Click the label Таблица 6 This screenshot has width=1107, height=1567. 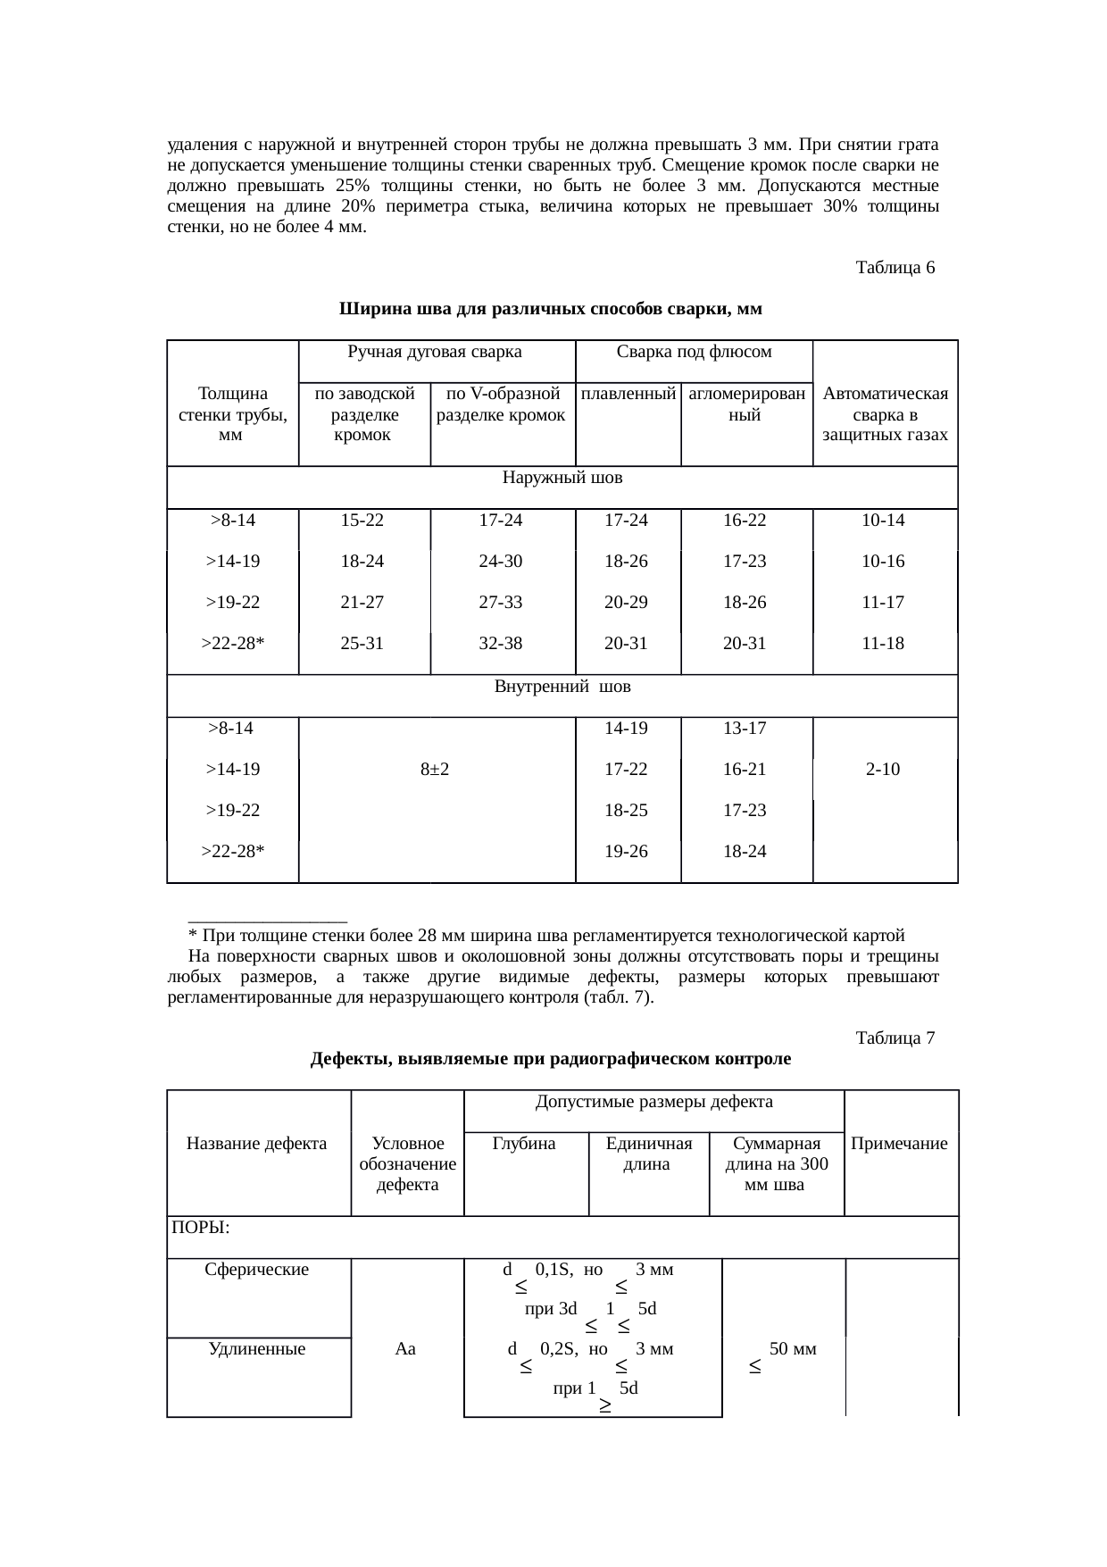coord(895,268)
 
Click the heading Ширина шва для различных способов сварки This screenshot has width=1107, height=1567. coord(550,310)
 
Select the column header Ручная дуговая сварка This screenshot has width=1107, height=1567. coord(434,352)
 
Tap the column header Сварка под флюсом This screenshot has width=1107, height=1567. coord(694,352)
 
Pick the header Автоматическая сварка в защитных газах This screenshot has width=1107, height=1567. coord(885,414)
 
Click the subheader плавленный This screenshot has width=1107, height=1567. coord(628,394)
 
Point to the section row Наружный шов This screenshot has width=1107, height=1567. coord(562,479)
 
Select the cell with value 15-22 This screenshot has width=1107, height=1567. coord(362,521)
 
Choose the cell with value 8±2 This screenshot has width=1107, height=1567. coord(434,770)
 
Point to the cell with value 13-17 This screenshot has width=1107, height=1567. coord(745,729)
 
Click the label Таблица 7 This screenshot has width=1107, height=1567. coord(895,1038)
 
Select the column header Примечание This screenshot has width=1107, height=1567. coord(899,1144)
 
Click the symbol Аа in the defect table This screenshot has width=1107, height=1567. coord(405,1349)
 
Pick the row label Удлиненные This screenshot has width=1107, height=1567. coord(257,1349)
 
